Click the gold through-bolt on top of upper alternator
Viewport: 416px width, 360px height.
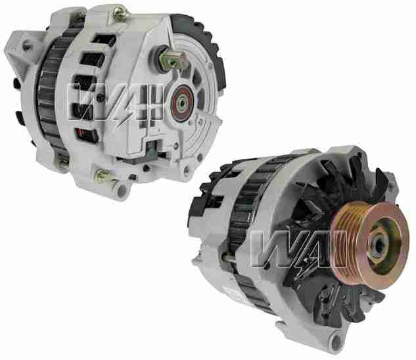click(x=120, y=11)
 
